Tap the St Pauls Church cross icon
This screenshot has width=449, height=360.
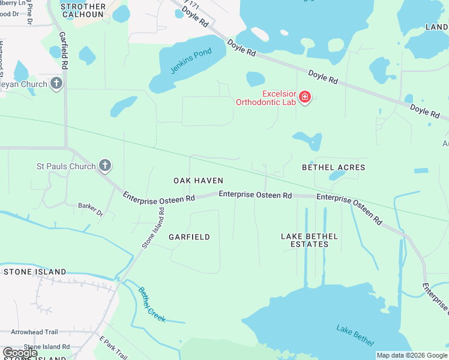104,166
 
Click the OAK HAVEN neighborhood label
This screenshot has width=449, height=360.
198,181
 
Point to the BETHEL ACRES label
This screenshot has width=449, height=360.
333,167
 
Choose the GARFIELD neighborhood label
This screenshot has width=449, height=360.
189,237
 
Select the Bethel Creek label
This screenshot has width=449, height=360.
151,305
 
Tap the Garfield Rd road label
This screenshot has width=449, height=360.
63,51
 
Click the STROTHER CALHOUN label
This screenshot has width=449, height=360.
83,11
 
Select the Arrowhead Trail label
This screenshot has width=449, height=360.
34,332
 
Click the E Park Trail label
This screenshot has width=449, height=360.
113,348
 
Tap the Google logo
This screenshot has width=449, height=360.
20,353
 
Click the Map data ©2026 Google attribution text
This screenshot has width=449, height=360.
411,355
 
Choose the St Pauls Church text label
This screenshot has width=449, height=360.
66,166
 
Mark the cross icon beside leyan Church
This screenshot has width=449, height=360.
56,84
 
